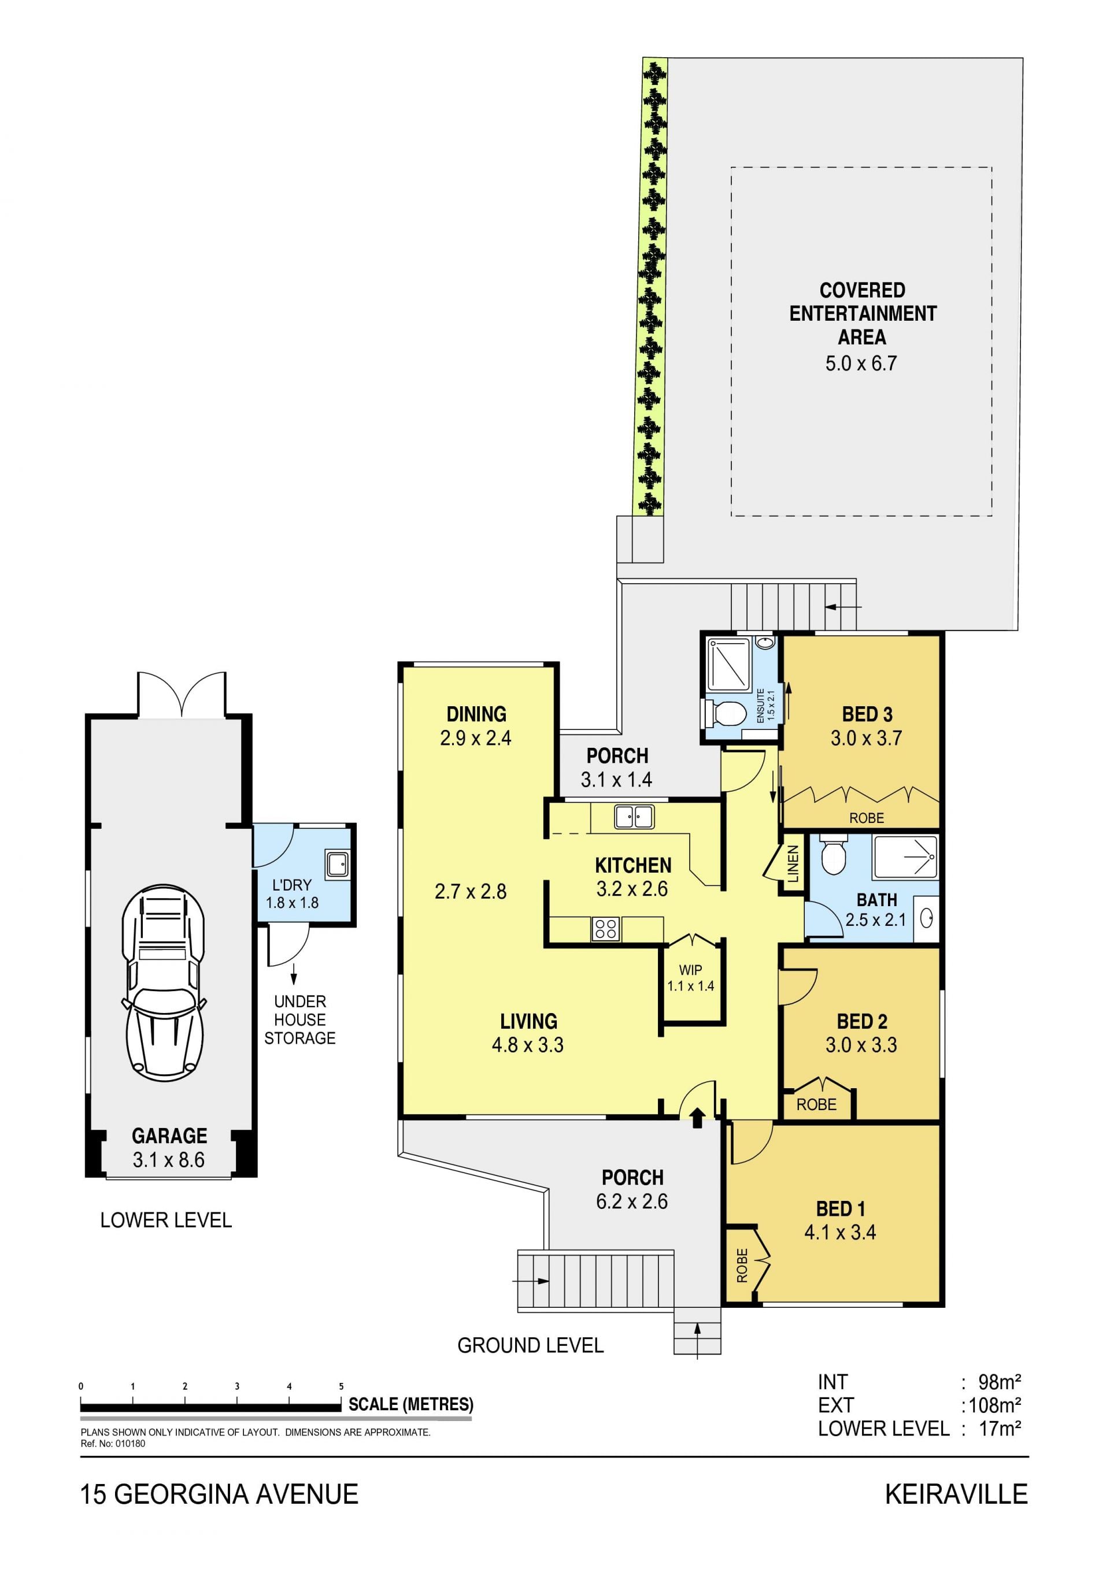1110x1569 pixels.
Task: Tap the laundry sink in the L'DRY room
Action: tap(338, 865)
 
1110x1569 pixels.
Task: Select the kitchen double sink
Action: tap(634, 817)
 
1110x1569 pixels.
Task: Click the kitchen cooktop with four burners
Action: tap(605, 929)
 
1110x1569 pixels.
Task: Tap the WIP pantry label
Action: tap(690, 970)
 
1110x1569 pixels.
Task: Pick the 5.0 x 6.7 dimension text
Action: tap(860, 363)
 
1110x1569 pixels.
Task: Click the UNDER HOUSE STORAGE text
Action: tap(300, 1019)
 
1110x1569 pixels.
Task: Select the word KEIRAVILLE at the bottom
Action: tap(956, 1494)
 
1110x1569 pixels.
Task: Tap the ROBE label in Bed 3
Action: tap(867, 818)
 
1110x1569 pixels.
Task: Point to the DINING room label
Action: tap(476, 714)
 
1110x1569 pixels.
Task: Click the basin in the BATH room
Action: tap(927, 919)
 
